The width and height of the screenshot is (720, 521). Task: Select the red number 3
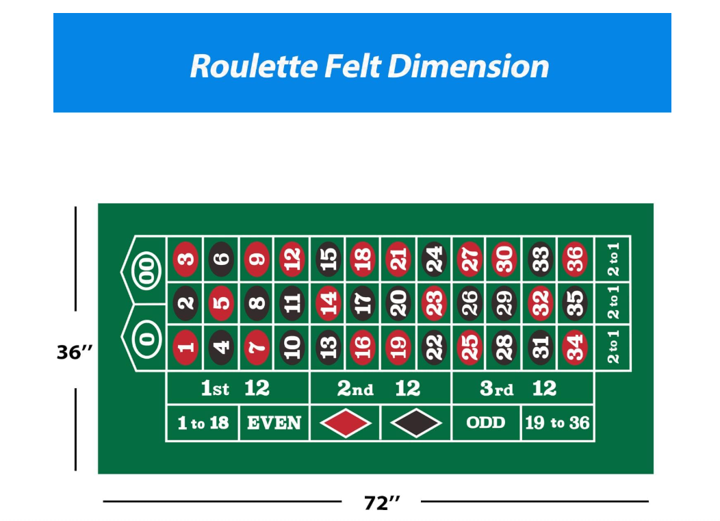tap(185, 259)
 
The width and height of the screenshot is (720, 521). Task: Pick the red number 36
tap(575, 259)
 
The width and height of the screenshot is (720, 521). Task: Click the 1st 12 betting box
tap(237, 389)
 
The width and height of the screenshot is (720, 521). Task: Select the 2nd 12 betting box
tap(380, 389)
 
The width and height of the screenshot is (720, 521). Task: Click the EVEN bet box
tap(274, 423)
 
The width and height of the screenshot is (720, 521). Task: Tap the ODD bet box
tap(486, 422)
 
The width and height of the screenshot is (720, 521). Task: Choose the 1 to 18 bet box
tap(203, 423)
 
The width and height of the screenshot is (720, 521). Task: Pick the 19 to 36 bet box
tap(557, 423)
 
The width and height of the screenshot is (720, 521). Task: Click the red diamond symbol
tap(346, 423)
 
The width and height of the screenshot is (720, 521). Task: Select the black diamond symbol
tap(416, 423)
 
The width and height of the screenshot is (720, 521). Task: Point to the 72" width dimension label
tap(381, 503)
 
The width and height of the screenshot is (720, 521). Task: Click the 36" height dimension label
tap(75, 353)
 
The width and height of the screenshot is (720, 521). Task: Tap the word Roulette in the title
tap(253, 66)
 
